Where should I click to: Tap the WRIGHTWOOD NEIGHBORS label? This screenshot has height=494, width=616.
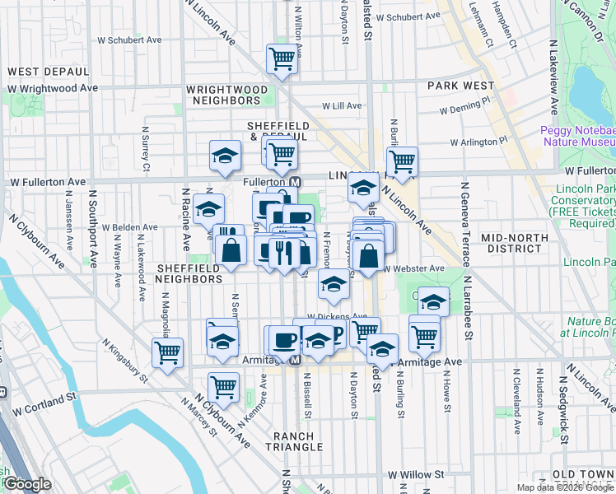(x=226, y=95)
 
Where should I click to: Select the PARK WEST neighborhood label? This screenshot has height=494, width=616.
(x=460, y=86)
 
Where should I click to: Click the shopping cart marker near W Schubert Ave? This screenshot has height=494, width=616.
(x=282, y=59)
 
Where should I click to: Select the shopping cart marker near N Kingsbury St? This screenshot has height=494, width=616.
(x=167, y=352)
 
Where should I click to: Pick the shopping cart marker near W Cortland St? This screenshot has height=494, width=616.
(x=223, y=385)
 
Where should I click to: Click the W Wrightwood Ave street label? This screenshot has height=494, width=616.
(x=54, y=88)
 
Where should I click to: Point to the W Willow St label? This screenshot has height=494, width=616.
(x=416, y=475)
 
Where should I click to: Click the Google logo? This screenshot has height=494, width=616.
(x=26, y=484)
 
